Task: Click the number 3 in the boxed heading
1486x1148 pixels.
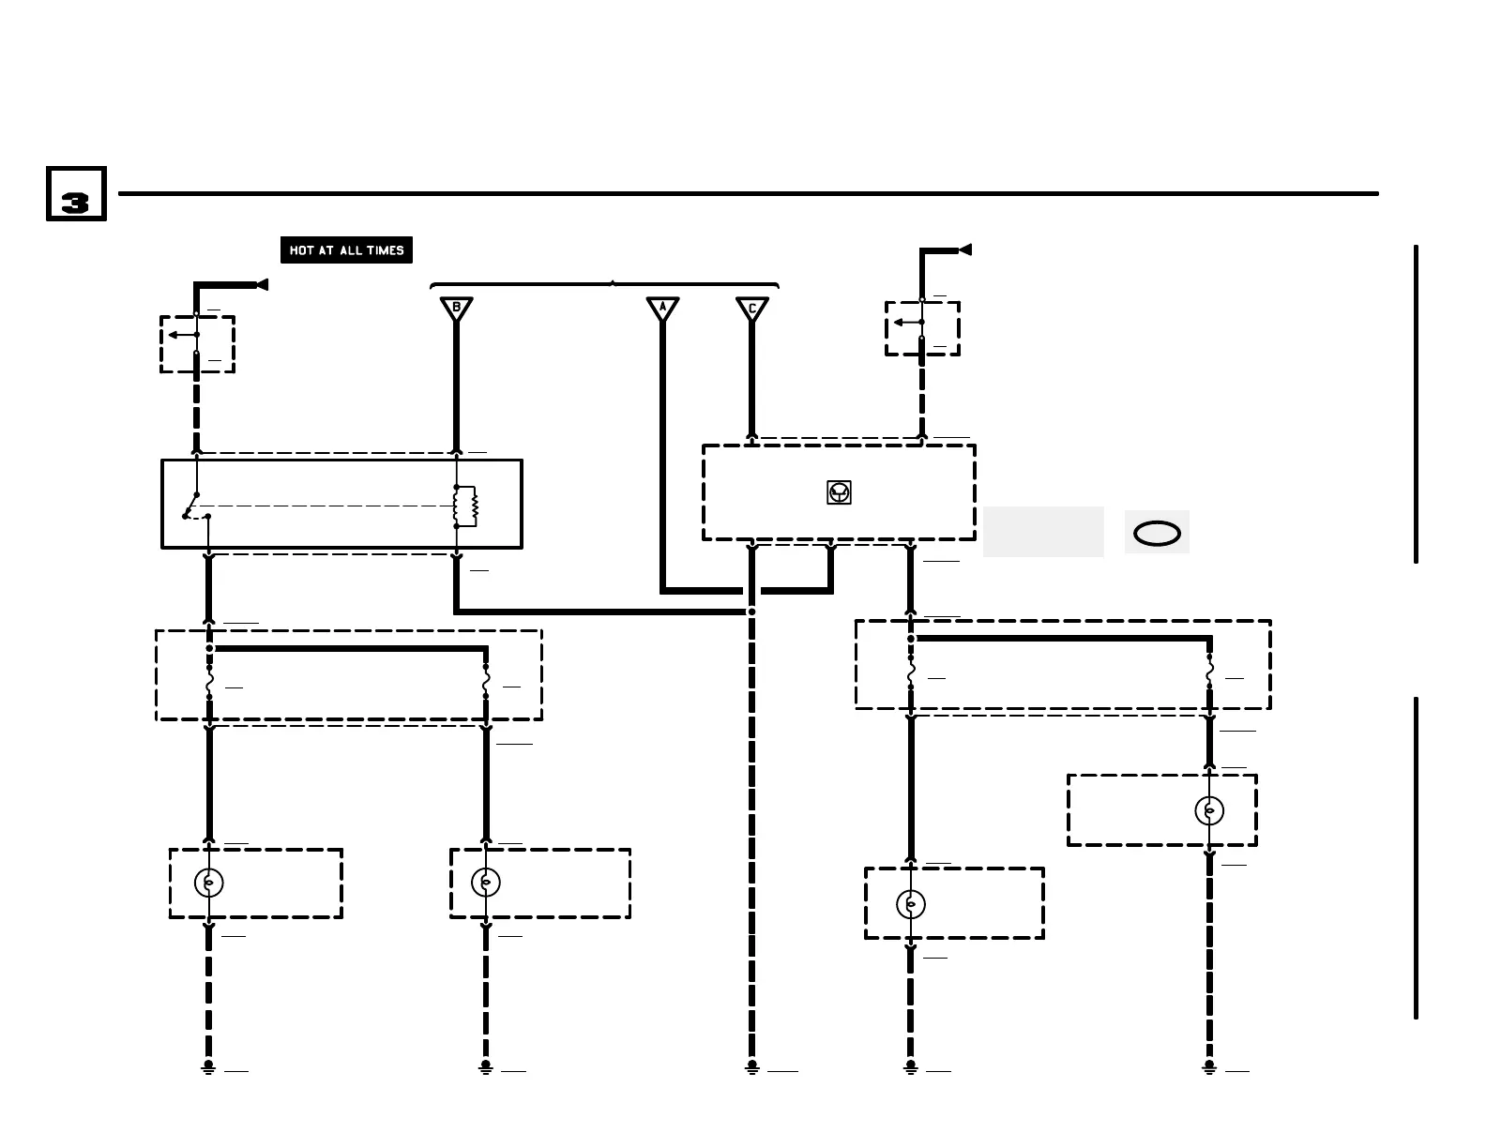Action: coord(75,201)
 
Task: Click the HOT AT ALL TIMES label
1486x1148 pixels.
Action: coord(346,250)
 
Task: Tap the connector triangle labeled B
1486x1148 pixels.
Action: coord(457,309)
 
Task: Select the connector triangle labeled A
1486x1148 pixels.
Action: coord(662,309)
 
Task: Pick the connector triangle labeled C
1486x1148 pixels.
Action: coord(751,309)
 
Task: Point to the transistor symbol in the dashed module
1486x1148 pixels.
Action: coord(839,492)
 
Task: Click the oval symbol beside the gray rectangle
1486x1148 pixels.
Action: coord(1157,534)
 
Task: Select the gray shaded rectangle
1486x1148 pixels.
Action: coord(1043,532)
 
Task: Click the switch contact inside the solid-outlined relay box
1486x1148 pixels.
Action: coord(194,506)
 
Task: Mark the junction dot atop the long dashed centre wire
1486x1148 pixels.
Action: coord(751,612)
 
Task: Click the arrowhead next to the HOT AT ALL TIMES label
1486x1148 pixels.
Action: coord(262,285)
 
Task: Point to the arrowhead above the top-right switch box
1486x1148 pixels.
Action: coord(964,249)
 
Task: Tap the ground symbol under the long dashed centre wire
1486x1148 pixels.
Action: coord(751,1067)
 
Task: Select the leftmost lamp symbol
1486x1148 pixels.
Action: coord(208,883)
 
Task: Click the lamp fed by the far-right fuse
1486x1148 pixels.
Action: coord(1209,810)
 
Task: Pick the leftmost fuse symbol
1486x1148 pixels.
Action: coord(208,682)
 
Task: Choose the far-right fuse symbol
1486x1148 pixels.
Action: coord(1209,672)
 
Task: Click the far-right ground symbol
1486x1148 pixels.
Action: coord(1209,1067)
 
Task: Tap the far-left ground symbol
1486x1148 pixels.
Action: coord(208,1067)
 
